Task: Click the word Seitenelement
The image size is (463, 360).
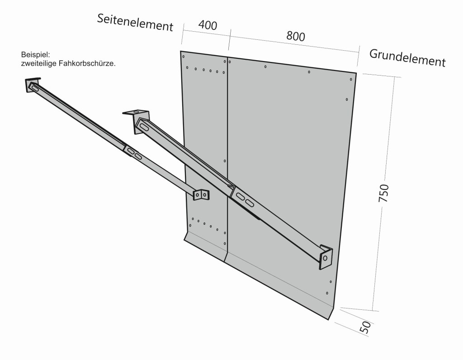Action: [135, 23]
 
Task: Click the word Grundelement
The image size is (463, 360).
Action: [407, 57]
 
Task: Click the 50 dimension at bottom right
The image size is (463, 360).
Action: [367, 327]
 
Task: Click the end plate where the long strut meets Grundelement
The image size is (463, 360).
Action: [325, 257]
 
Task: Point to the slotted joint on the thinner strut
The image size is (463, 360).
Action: [134, 153]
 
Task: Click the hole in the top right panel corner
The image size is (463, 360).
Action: [351, 80]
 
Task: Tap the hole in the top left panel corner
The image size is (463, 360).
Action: [183, 57]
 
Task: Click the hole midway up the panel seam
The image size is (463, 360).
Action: [225, 161]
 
